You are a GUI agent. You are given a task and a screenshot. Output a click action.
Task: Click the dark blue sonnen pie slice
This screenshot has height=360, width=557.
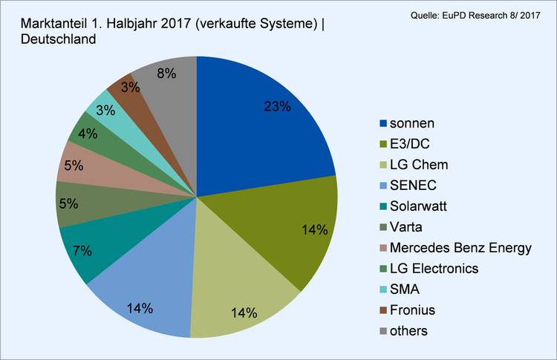point(253,126)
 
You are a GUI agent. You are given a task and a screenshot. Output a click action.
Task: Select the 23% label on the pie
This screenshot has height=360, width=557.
point(277,107)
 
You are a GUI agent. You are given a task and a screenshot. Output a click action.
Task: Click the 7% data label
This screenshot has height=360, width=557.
point(83,250)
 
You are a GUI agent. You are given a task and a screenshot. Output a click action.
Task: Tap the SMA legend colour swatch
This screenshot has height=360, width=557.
point(383,289)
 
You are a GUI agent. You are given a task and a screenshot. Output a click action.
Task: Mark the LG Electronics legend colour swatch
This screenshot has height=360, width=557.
point(383,268)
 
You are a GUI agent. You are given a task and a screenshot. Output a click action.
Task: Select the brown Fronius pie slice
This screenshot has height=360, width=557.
point(121,91)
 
